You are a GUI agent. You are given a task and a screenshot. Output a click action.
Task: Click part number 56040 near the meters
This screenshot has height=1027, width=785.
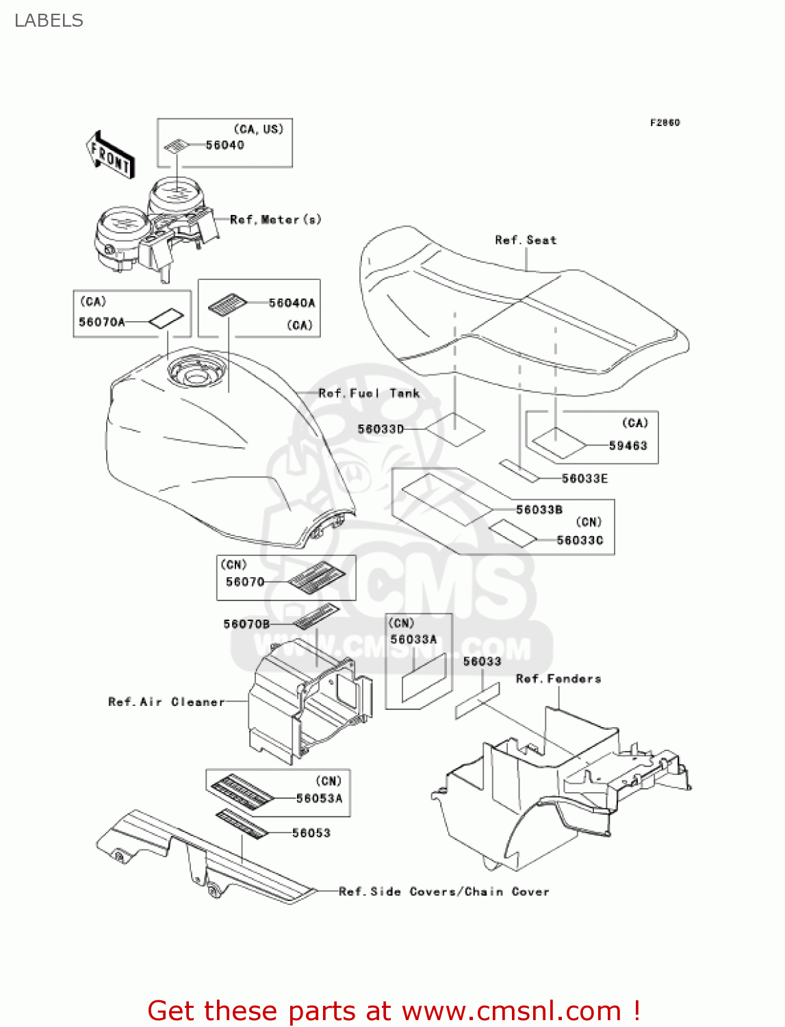pyautogui.click(x=224, y=145)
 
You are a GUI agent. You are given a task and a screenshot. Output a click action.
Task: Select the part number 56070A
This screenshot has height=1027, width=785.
pyautogui.click(x=101, y=322)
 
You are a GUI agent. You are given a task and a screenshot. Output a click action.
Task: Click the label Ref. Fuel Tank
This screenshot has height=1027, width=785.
pyautogui.click(x=369, y=393)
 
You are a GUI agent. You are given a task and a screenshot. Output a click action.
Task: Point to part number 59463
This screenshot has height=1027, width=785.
pyautogui.click(x=628, y=446)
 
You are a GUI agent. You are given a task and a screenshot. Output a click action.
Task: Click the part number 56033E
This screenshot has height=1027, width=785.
pyautogui.click(x=584, y=479)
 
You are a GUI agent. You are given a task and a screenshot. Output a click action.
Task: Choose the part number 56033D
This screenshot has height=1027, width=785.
pyautogui.click(x=381, y=429)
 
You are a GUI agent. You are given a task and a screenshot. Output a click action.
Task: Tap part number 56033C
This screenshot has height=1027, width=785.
pyautogui.click(x=580, y=540)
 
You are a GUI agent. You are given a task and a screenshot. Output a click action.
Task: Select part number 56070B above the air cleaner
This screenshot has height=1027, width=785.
pyautogui.click(x=246, y=624)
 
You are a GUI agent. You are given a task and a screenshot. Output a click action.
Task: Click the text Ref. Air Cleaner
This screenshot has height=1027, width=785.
pyautogui.click(x=166, y=702)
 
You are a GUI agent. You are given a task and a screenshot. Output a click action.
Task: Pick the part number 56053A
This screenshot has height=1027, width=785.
pyautogui.click(x=319, y=798)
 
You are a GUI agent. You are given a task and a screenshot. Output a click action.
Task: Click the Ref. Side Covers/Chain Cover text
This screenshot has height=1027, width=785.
pyautogui.click(x=444, y=891)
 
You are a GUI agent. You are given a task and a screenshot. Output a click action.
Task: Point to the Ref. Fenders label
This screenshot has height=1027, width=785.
pyautogui.click(x=558, y=679)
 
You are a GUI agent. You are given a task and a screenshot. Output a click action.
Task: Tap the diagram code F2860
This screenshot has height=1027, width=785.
pyautogui.click(x=665, y=123)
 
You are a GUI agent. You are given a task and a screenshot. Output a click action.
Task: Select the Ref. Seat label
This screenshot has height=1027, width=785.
pyautogui.click(x=526, y=240)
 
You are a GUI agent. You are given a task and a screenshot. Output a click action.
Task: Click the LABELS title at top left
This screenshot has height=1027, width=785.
pyautogui.click(x=49, y=21)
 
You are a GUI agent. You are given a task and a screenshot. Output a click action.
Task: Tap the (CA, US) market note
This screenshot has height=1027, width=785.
pyautogui.click(x=258, y=129)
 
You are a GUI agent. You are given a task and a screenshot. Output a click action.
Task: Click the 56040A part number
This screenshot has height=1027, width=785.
pyautogui.click(x=292, y=303)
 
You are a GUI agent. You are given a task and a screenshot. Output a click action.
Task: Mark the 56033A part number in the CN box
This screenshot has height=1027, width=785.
pyautogui.click(x=413, y=639)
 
